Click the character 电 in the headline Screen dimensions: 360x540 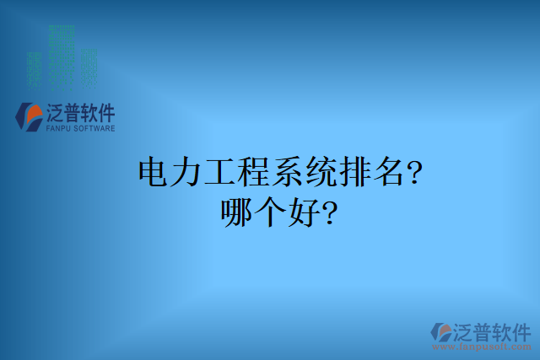153,174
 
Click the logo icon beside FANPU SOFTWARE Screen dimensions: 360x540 30,116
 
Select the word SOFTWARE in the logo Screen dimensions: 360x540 91,129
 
